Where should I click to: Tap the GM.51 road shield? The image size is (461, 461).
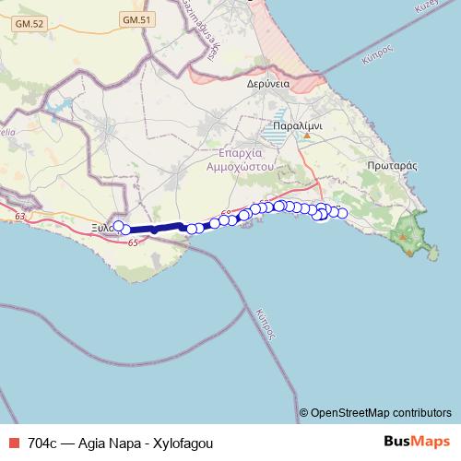pyautogui.click(x=135, y=18)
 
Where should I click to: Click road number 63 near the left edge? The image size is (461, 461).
pyautogui.click(x=20, y=216)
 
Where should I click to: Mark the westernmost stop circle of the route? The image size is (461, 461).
pyautogui.click(x=117, y=224)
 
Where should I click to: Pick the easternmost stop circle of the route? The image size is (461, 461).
pyautogui.click(x=342, y=214)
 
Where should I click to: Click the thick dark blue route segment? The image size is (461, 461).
pyautogui.click(x=152, y=229)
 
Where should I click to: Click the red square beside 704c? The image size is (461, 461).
pyautogui.click(x=13, y=442)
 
